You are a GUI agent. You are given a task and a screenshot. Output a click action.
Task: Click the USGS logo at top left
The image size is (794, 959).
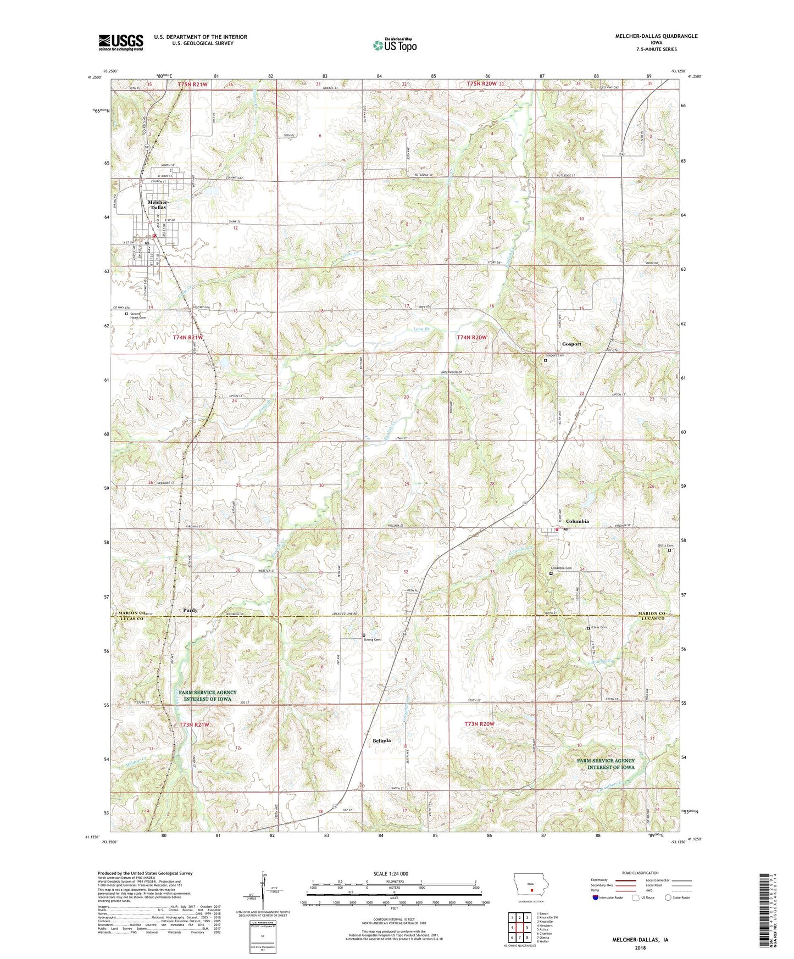(x=121, y=42)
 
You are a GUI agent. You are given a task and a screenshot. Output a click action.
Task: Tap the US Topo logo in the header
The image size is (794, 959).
(x=395, y=45)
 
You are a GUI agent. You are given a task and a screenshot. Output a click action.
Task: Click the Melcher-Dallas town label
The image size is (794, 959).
(x=157, y=204)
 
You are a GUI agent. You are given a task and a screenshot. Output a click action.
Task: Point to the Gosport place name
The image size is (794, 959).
(x=571, y=344)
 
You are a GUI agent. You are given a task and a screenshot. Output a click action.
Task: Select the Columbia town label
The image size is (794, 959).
(x=578, y=521)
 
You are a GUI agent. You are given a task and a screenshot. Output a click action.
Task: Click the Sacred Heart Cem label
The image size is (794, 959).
(x=137, y=316)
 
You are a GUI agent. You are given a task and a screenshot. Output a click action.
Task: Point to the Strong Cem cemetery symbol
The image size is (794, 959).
(x=364, y=635)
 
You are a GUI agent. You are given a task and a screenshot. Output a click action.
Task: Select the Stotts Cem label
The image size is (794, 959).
(x=665, y=545)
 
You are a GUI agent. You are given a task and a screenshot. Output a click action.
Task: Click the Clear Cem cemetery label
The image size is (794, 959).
(x=599, y=627)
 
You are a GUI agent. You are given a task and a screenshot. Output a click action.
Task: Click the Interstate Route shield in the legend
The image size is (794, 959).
(x=596, y=898)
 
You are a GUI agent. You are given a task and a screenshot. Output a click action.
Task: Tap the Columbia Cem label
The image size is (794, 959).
(x=562, y=568)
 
